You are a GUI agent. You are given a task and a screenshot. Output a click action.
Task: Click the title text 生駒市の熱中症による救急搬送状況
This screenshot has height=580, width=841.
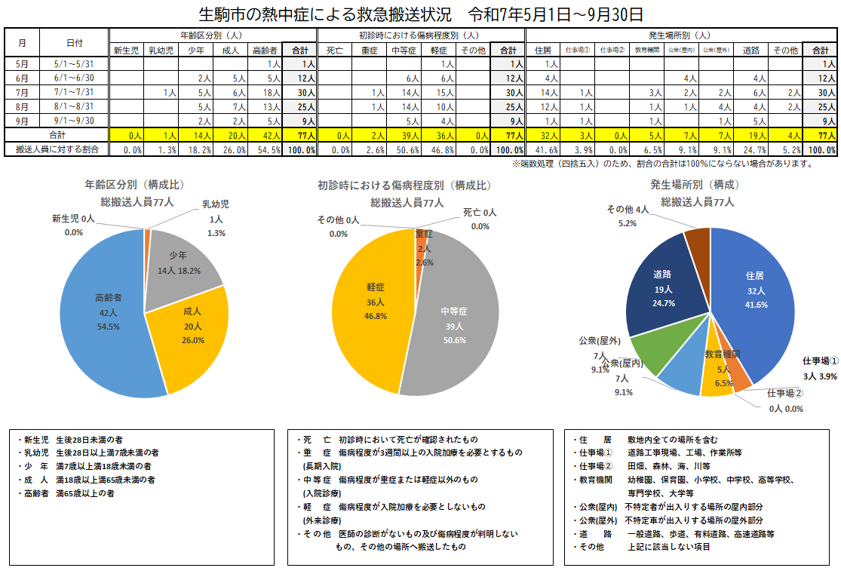[x=324, y=14]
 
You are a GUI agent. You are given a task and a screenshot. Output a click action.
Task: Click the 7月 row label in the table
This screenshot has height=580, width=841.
[x=22, y=92]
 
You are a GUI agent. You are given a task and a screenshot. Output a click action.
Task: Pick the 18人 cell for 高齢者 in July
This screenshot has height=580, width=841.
[x=268, y=92]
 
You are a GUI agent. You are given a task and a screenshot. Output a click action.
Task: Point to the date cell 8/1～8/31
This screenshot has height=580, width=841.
[x=75, y=106]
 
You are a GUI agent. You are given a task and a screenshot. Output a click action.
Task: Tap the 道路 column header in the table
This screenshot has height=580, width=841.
[x=750, y=51]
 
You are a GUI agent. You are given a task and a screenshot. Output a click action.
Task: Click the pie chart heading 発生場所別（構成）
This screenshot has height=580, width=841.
[x=695, y=185]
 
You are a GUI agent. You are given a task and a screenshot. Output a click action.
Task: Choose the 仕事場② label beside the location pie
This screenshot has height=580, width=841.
[x=785, y=393]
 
